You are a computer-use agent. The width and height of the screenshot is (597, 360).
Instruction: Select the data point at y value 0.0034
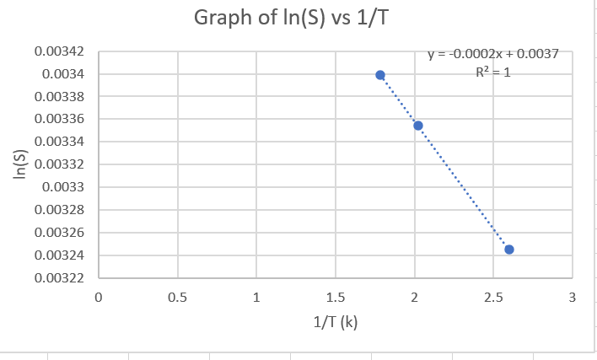(380, 75)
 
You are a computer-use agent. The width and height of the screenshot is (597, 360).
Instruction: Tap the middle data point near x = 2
(417, 126)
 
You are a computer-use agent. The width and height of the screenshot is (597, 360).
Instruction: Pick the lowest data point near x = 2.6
(509, 250)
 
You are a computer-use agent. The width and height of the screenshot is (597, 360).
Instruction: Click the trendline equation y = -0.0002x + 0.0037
(492, 54)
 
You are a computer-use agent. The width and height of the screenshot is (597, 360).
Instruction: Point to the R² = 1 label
(493, 72)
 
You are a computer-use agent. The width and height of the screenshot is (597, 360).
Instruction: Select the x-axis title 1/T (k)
(335, 323)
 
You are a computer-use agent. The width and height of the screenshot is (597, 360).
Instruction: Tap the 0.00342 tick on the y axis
(60, 52)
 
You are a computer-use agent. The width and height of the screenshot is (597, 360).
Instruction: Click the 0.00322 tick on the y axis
(60, 277)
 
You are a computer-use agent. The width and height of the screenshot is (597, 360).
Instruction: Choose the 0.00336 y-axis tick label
(60, 120)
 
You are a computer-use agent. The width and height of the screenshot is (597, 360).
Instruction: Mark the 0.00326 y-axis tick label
(60, 233)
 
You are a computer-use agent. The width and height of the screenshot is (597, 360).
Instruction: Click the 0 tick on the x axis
(99, 297)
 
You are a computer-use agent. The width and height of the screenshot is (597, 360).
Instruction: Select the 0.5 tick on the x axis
(177, 297)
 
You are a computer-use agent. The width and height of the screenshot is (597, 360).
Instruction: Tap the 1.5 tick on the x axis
(335, 297)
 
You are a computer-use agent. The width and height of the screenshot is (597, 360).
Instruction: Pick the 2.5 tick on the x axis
(493, 297)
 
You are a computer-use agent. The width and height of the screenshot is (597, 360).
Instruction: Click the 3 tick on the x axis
(573, 297)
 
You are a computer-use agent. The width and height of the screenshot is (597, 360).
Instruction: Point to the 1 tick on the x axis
(256, 297)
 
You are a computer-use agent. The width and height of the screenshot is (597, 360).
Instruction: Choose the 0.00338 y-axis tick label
(60, 97)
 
